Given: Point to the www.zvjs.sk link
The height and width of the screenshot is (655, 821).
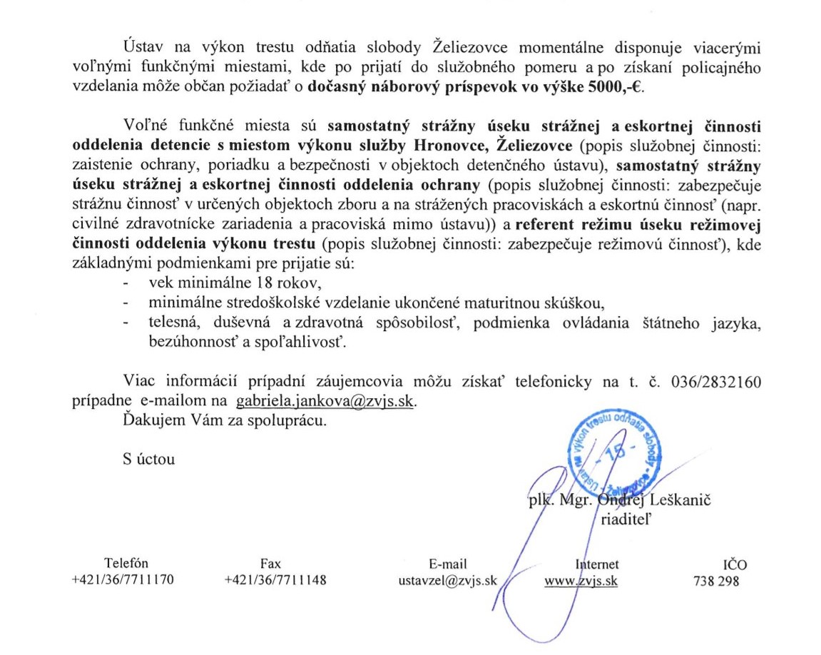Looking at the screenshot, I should click(581, 580).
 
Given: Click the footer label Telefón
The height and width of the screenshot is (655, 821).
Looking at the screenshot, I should click(126, 564).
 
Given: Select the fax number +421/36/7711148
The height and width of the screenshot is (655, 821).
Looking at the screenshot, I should click(275, 580).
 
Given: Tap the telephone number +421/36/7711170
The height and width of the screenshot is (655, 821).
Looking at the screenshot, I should click(123, 580).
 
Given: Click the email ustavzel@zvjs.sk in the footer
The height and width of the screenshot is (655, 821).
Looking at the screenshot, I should click(447, 580).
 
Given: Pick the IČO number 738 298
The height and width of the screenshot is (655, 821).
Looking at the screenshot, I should click(716, 580).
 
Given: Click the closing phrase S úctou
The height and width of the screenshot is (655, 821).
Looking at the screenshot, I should click(148, 459).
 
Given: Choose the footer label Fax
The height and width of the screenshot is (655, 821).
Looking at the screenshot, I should click(271, 564).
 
